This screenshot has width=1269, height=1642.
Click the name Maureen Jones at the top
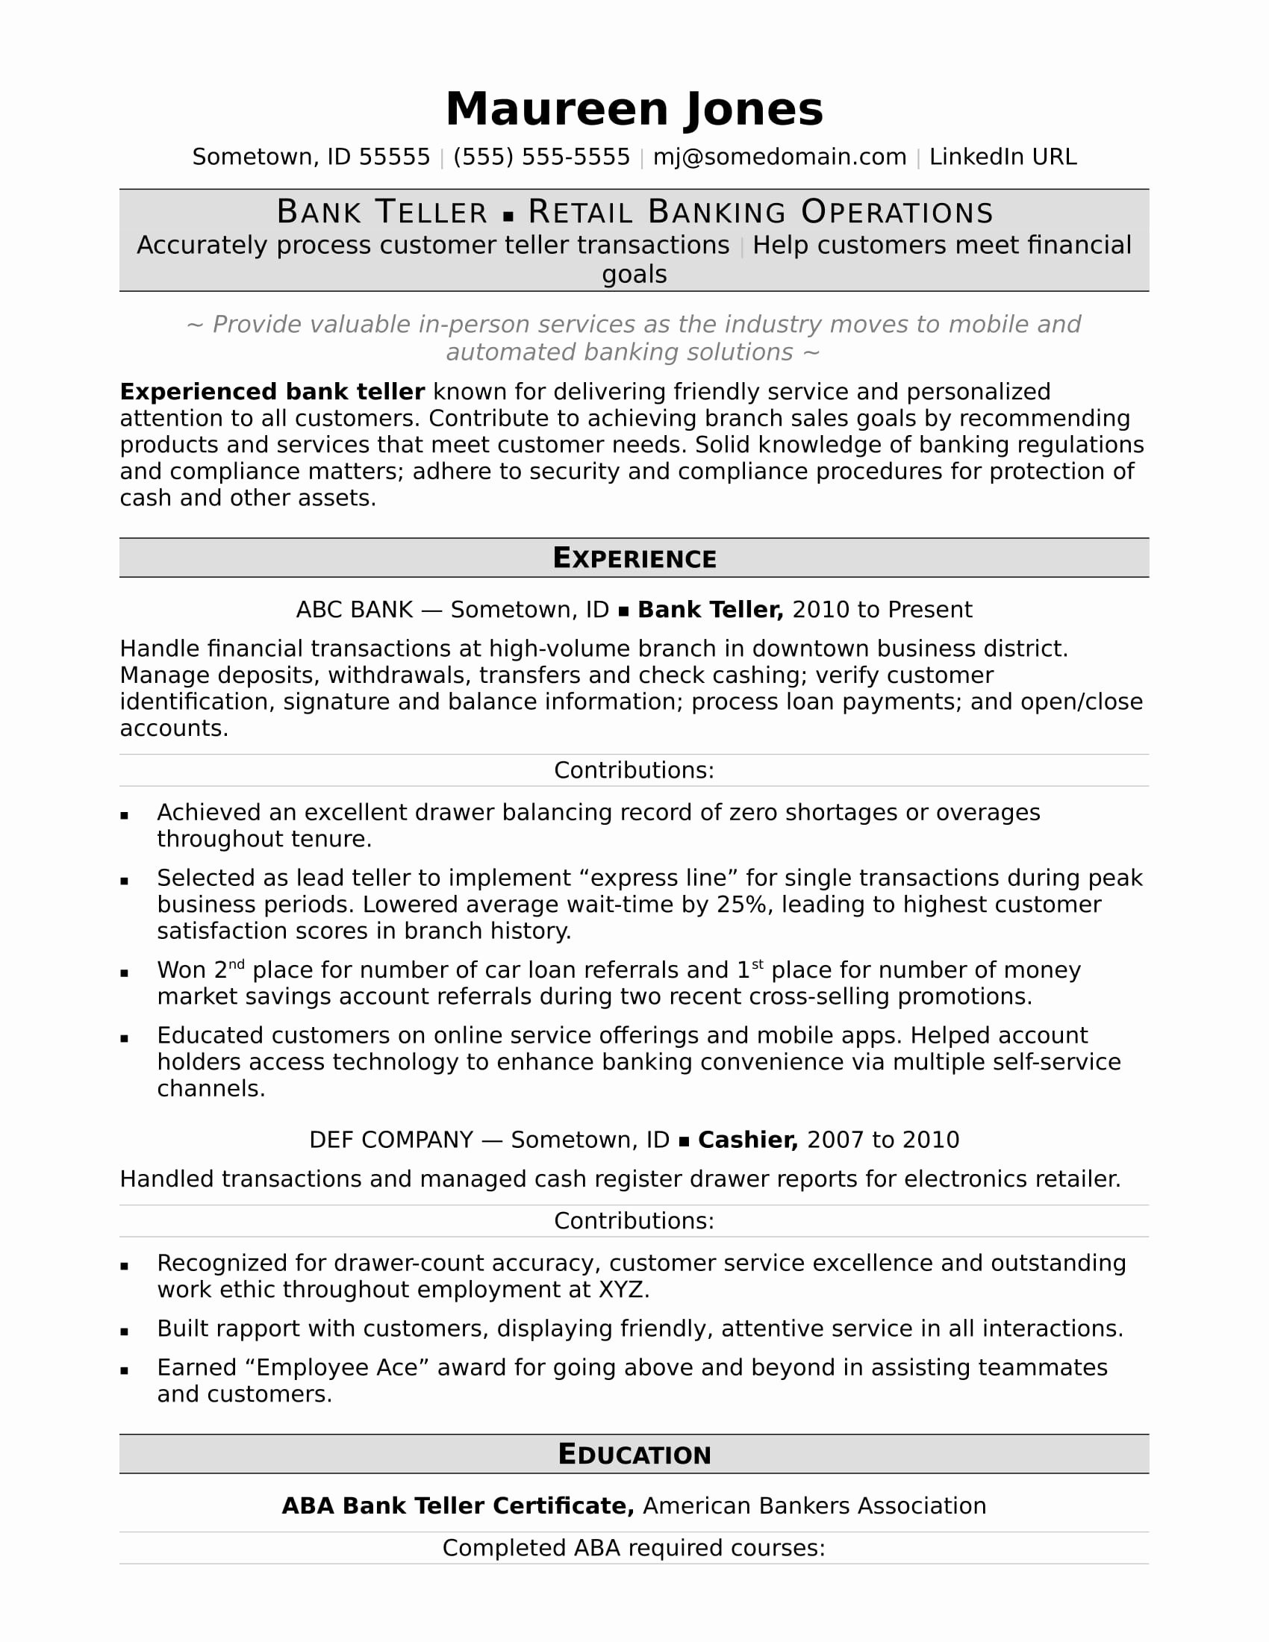[x=634, y=109]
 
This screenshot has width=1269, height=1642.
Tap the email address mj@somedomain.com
[x=779, y=157]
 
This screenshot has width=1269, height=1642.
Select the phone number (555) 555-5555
[x=541, y=157]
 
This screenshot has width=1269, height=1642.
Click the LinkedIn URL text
[x=1003, y=157]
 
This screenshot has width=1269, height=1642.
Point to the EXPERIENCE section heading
[x=634, y=558]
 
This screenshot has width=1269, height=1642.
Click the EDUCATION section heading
[x=634, y=1455]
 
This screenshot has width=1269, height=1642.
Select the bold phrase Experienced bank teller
[x=272, y=392]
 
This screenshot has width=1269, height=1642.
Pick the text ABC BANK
[x=354, y=610]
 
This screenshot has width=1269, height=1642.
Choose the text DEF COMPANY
[x=391, y=1140]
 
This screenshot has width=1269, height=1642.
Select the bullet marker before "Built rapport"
[x=124, y=1332]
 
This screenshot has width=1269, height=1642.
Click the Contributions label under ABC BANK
[x=634, y=770]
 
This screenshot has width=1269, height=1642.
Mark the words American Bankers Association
[x=814, y=1506]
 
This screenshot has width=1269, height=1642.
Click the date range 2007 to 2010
[x=882, y=1140]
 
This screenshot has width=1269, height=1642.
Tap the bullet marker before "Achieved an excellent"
[x=124, y=815]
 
